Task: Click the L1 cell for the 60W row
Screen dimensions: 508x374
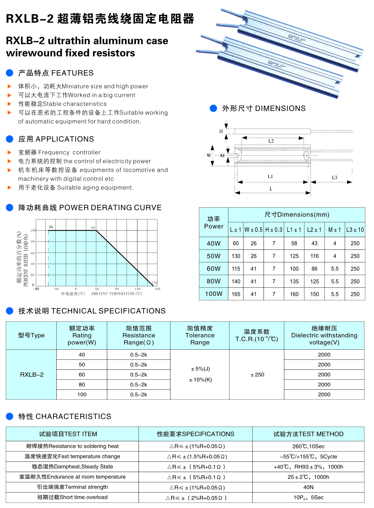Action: click(294, 269)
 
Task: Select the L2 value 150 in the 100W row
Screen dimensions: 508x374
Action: click(314, 294)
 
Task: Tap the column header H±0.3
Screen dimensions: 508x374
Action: click(274, 229)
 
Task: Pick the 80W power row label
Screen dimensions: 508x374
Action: click(213, 281)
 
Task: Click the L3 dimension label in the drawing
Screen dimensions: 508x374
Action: click(334, 178)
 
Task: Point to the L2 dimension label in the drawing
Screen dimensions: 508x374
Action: click(271, 141)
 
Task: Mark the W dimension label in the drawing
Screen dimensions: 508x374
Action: click(209, 155)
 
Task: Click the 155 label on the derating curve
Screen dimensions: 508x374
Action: click(154, 283)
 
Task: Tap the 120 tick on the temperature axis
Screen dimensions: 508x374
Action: click(137, 289)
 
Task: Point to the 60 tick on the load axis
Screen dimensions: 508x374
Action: click(33, 253)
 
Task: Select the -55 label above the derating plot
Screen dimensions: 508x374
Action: click(50, 227)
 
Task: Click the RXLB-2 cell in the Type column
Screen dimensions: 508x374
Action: click(32, 375)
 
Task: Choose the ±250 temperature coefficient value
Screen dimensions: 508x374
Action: click(257, 375)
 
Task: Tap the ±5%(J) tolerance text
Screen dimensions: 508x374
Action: click(200, 369)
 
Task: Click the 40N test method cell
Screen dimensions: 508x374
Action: click(308, 487)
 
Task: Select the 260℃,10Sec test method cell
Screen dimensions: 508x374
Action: click(308, 446)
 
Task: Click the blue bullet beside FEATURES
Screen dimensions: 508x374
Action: click(10, 73)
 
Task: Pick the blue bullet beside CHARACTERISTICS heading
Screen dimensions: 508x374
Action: click(10, 416)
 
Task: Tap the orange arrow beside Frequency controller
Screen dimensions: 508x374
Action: click(9, 152)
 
